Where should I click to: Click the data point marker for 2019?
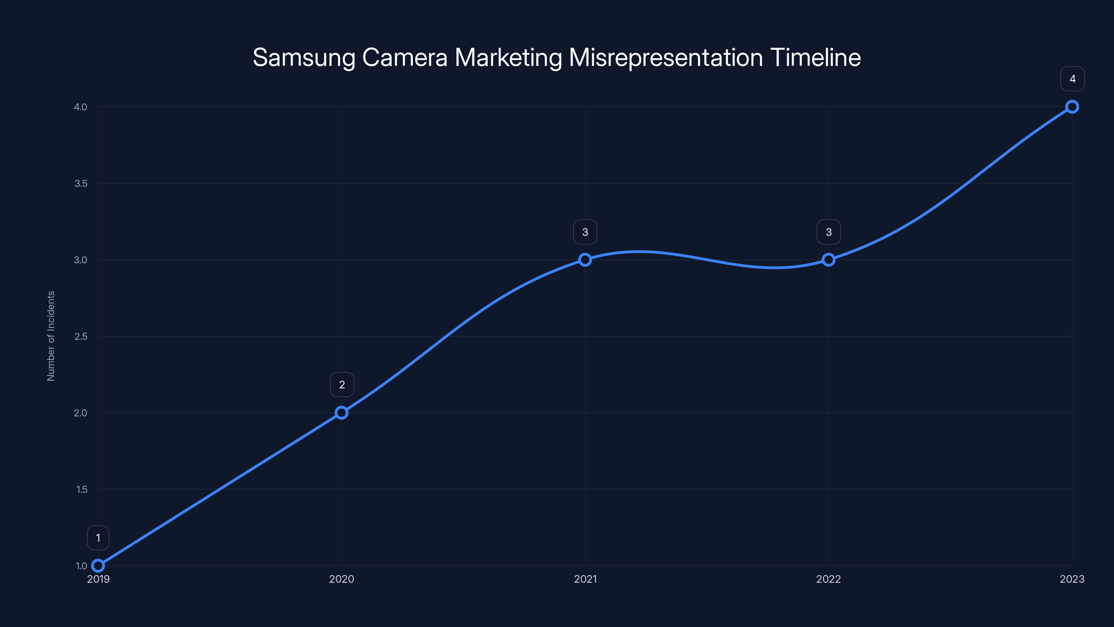[x=98, y=566]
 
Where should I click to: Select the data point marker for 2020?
[x=342, y=413]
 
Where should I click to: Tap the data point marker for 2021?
[x=585, y=260]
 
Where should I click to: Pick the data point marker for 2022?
[x=829, y=260]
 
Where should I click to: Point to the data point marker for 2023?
[x=1072, y=107]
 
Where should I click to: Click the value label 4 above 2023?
[x=1072, y=79]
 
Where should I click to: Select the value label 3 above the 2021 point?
[x=585, y=232]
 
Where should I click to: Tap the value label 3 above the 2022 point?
[x=829, y=232]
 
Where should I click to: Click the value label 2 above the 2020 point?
[x=342, y=385]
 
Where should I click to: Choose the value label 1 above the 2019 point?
[x=98, y=538]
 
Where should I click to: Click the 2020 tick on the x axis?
[x=342, y=579]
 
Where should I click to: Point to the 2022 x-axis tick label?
[x=829, y=579]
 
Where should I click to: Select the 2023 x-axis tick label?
[x=1072, y=579]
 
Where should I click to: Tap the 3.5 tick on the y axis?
[x=81, y=184]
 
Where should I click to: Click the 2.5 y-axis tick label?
[x=81, y=336]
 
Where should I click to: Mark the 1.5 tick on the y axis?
[x=82, y=489]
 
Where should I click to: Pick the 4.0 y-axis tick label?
[x=80, y=107]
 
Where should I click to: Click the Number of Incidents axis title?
[x=51, y=336]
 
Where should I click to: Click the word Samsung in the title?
[x=304, y=57]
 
